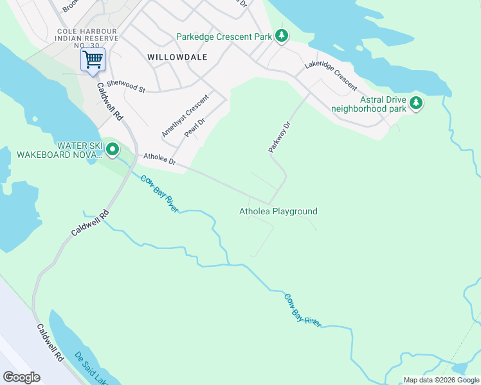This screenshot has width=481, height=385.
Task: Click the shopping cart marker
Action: coord(93,60)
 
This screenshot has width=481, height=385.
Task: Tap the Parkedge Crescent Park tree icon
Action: coord(281,36)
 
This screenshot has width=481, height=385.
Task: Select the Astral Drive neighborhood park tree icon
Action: coord(416,102)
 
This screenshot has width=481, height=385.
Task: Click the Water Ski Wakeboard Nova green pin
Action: coord(113,150)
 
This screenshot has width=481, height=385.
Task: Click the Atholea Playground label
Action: coord(278,211)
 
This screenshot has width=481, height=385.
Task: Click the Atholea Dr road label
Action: coord(159,158)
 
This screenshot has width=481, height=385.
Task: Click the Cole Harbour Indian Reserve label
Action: coord(88,38)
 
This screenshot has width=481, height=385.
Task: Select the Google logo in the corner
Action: coord(21,377)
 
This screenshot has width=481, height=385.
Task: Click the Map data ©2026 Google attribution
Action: coord(441,380)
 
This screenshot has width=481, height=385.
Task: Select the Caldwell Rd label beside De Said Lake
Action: coord(50,341)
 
